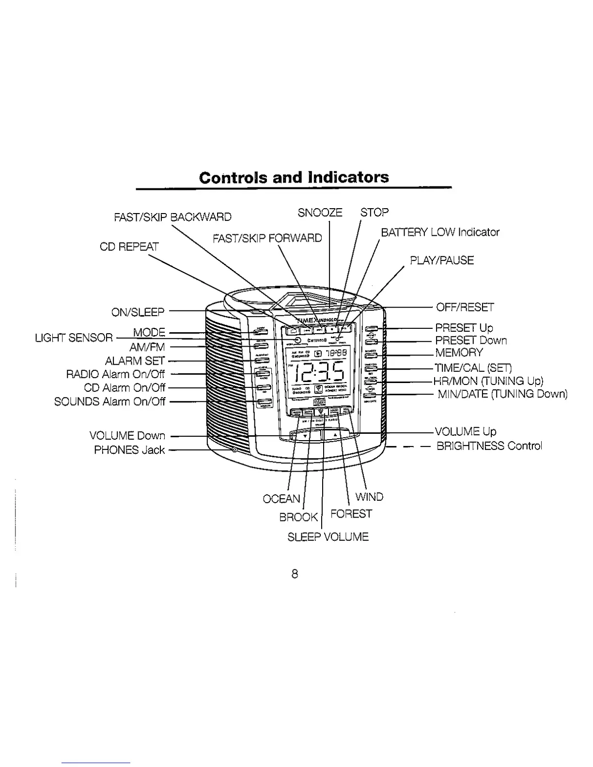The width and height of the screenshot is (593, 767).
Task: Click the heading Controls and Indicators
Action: coord(294,177)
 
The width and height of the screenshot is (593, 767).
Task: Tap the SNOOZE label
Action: coord(320,213)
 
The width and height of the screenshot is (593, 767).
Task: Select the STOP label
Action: coord(375,213)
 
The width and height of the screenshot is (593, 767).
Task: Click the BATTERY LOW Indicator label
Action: coord(440,232)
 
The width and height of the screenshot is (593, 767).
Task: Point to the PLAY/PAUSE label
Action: coord(441,261)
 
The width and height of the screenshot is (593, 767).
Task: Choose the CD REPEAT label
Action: coord(129,246)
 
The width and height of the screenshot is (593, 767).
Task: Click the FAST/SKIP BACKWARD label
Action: coord(172,216)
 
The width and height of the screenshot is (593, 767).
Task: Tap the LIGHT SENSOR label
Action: coord(74,338)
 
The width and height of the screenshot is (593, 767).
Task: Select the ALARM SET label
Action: coord(135,361)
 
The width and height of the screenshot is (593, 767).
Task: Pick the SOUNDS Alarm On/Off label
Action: coord(109,401)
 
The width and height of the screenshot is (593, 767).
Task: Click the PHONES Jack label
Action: coord(129,450)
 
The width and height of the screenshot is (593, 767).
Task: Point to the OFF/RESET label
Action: coord(465,307)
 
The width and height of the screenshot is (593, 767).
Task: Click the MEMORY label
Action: coord(459,353)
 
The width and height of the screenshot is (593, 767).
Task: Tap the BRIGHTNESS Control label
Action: coord(489,445)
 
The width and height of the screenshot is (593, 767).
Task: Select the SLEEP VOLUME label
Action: coord(328,537)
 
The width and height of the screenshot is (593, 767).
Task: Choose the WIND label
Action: coord(369,497)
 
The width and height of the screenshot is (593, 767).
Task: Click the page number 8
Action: coord(294,574)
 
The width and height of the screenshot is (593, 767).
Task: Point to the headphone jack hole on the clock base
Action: coord(234,450)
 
